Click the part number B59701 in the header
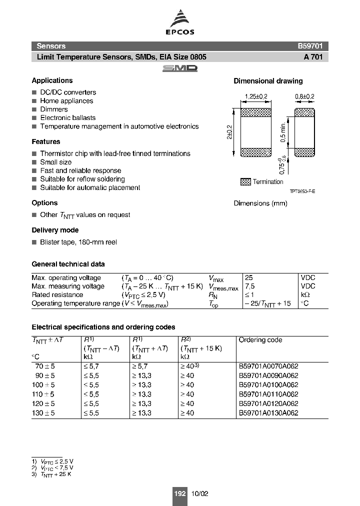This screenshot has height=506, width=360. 312,45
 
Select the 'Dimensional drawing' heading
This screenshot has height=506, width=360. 268,81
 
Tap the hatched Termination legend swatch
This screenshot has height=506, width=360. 245,182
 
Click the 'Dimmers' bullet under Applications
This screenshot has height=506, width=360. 54,109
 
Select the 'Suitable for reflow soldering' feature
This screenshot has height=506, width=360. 82,179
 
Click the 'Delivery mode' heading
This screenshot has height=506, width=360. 55,230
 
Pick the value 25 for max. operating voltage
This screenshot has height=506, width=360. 248,277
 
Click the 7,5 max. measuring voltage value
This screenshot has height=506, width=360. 249,286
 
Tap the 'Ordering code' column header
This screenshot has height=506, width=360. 260,340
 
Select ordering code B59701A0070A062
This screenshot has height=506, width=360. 268,366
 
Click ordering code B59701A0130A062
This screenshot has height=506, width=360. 268,413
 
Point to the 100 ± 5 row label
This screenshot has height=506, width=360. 43,385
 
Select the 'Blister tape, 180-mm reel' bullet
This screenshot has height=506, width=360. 78,242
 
